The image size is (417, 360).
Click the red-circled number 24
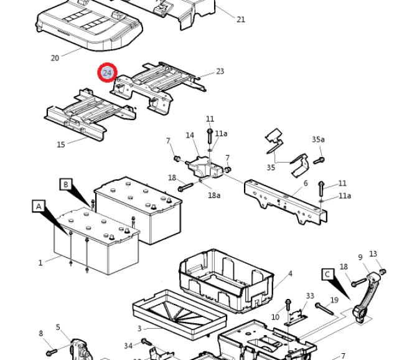[x=107, y=73]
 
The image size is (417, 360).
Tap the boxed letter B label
[x=65, y=184]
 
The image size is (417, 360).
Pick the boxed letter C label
[x=327, y=274]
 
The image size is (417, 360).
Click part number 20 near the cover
[x=55, y=58]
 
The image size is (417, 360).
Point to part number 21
[x=241, y=19]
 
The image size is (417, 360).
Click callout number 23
[x=220, y=72]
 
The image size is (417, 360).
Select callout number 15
[x=60, y=144]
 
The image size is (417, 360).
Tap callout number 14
[x=190, y=135]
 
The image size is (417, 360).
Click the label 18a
[x=213, y=195]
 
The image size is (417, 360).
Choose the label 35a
[x=318, y=140]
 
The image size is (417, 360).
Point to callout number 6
[x=306, y=183]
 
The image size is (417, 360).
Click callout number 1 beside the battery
[x=40, y=263]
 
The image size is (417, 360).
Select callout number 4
[x=290, y=274]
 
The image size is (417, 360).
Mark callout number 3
[x=139, y=328]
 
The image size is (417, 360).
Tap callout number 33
[x=310, y=296]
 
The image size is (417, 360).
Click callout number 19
[x=334, y=300]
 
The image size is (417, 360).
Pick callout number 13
[x=373, y=254]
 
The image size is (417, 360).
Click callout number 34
[x=128, y=346]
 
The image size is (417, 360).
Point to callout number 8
[x=41, y=333]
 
